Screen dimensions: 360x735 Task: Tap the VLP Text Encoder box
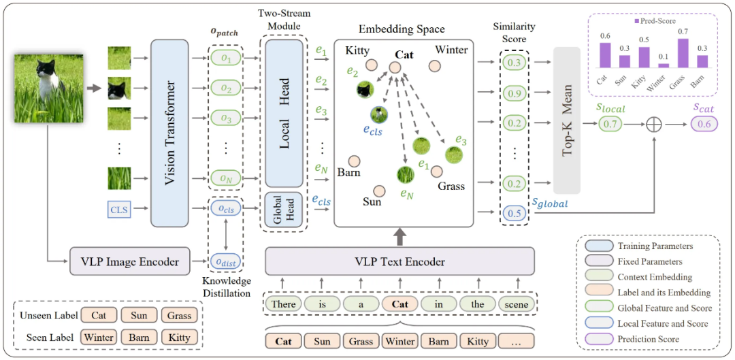[x=399, y=262]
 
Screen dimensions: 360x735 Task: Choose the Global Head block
[x=284, y=210]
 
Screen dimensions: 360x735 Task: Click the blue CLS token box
[x=118, y=210]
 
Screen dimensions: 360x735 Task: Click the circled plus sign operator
[x=653, y=124]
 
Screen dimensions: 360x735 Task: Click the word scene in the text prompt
[x=517, y=304]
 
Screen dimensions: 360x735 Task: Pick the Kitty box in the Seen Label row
[x=180, y=336]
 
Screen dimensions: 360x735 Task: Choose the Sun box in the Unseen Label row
[x=138, y=315]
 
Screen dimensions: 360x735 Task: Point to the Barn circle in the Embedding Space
[x=354, y=161]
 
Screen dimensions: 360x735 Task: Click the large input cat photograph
[x=49, y=88]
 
